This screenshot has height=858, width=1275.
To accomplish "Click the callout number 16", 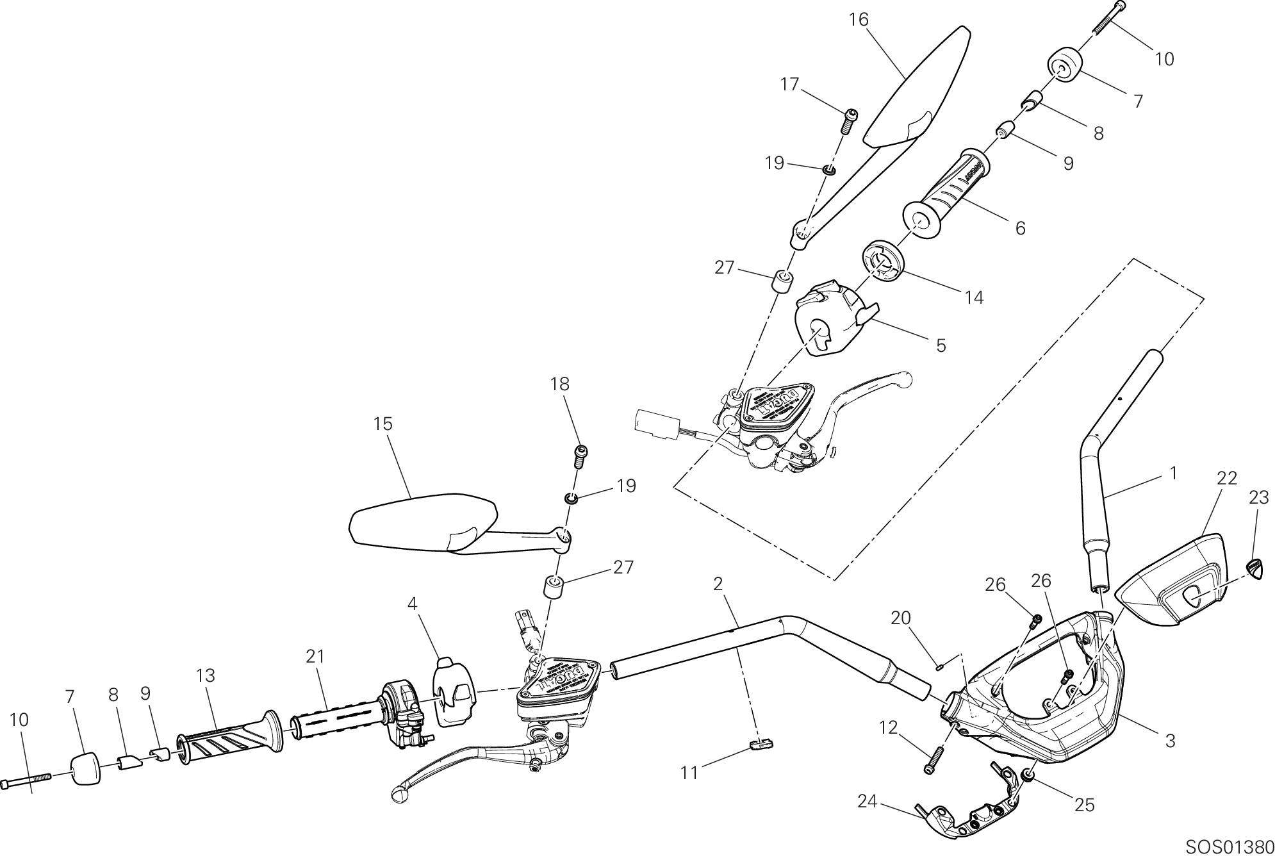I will [858, 20].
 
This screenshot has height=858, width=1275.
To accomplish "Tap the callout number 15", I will [383, 424].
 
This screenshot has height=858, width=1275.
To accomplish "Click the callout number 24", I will [867, 801].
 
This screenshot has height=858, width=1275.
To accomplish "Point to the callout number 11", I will [689, 773].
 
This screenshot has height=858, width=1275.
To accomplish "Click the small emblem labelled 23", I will [1256, 568].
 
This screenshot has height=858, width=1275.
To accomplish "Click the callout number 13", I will [206, 675].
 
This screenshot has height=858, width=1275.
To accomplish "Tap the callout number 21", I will [315, 656].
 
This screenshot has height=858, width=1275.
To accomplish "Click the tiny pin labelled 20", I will [941, 667].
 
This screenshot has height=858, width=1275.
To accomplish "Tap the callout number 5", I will [941, 345].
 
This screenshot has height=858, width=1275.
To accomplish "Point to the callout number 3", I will [1170, 741].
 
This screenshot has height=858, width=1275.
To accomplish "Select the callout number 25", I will [1084, 805].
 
